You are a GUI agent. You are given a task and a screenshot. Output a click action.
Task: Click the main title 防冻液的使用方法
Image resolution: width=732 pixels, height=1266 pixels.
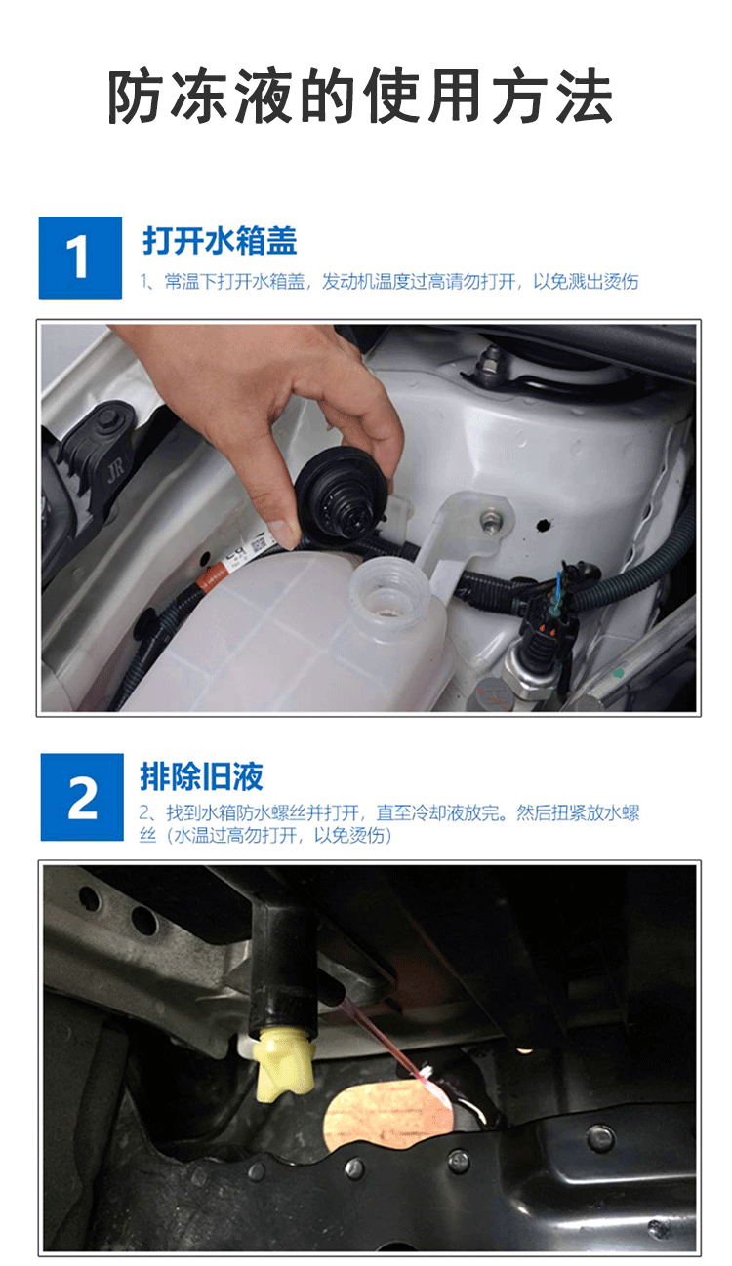[360, 97]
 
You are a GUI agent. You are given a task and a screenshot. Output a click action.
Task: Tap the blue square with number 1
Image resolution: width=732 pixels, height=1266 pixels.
[80, 257]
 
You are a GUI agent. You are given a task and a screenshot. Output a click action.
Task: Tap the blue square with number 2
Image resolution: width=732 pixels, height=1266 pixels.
[82, 797]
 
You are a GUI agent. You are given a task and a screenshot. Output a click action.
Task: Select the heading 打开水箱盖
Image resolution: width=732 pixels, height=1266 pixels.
[220, 241]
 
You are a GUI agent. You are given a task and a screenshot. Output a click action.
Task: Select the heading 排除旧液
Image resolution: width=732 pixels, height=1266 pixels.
[201, 776]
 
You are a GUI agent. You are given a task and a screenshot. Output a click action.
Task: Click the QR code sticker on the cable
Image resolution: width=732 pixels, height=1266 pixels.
[258, 546]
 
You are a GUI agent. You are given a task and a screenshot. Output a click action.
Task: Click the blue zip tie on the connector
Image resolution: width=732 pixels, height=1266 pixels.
[558, 591]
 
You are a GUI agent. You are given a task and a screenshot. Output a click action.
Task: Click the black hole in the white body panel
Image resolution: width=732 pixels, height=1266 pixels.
[544, 525]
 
